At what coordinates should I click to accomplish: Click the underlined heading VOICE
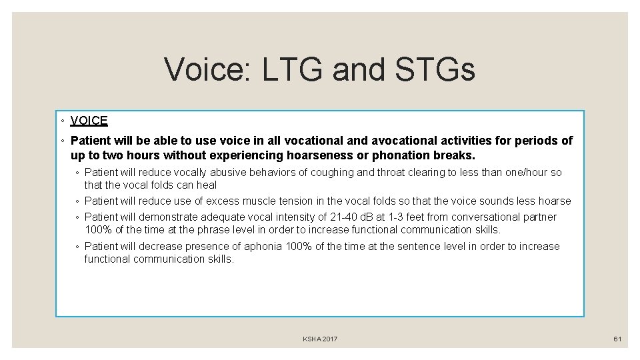(x=89, y=121)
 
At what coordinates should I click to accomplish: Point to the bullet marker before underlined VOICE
(x=61, y=121)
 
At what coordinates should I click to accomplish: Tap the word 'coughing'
(x=332, y=173)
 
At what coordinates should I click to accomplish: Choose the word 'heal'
(x=207, y=185)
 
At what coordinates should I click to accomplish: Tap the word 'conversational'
(x=485, y=217)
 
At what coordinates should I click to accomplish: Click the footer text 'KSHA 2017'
(x=320, y=339)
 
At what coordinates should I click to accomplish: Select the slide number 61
(x=617, y=339)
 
